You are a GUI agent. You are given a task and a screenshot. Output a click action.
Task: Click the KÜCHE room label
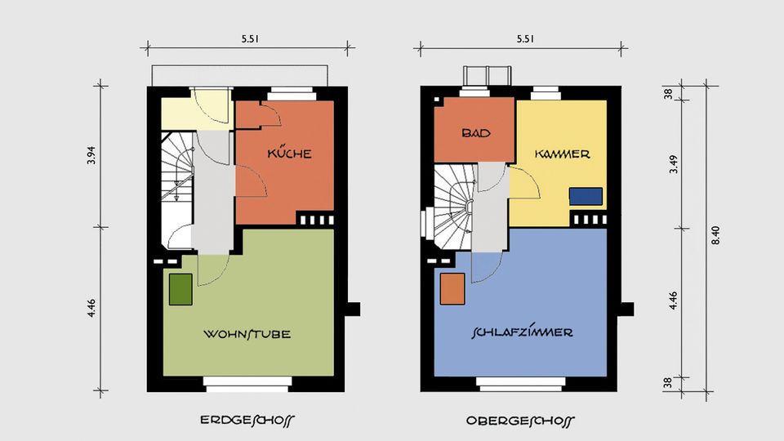click(x=289, y=153)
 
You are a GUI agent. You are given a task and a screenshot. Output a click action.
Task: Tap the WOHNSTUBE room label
click(x=247, y=333)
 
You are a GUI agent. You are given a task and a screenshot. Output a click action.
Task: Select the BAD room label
click(x=476, y=133)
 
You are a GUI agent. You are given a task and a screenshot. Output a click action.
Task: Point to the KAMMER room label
click(x=563, y=154)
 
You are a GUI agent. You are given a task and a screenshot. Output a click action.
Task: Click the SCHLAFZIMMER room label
click(x=522, y=332)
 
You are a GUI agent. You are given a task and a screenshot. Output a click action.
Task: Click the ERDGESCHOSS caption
click(x=247, y=421)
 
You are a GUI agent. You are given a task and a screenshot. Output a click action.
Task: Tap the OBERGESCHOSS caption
click(x=520, y=421)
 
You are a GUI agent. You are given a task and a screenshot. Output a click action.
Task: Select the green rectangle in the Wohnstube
click(x=180, y=289)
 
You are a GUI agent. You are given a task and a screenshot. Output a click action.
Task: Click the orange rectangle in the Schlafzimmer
click(x=452, y=288)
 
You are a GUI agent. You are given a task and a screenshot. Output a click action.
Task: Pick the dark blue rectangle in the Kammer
click(x=586, y=197)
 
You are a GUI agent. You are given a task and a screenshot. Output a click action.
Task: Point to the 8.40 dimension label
click(x=715, y=235)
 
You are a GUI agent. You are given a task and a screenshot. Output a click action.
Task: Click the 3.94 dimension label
click(x=91, y=155)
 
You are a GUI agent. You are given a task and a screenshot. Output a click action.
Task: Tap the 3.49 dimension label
click(x=674, y=164)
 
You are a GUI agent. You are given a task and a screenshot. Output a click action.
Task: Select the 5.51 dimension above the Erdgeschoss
click(x=250, y=39)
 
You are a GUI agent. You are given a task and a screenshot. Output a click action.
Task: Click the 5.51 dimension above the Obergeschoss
click(x=525, y=39)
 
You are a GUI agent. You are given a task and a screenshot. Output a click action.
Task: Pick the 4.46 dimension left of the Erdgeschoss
click(x=91, y=308)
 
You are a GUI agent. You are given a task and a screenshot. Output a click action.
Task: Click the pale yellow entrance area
click(x=195, y=114)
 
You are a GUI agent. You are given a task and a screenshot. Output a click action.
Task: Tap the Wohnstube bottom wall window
click(x=247, y=384)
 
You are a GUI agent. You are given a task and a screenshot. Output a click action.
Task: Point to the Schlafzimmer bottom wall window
click(x=520, y=384)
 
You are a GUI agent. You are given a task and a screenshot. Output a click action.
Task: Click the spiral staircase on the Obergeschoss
click(x=453, y=207)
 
